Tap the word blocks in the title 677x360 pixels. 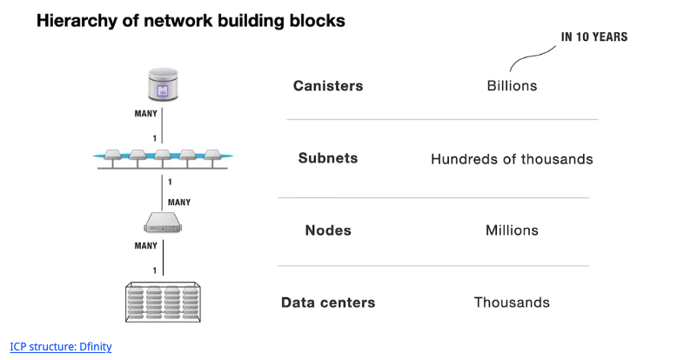[x=318, y=21]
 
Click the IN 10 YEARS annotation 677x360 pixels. [x=594, y=37]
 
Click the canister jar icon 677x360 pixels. [x=163, y=85]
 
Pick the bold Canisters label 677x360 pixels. [x=328, y=86]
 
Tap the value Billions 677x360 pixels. [x=512, y=86]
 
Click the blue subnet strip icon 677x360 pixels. [x=163, y=157]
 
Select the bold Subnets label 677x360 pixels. [x=328, y=159]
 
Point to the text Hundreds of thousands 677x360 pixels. [x=512, y=159]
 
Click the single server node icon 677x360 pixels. [x=163, y=225]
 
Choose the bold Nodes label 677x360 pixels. [x=328, y=230]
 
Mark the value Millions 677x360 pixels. [x=512, y=230]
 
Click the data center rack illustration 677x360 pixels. [x=162, y=302]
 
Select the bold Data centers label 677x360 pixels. [x=328, y=303]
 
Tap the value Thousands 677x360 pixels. [x=512, y=303]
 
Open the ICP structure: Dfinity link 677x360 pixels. [x=61, y=346]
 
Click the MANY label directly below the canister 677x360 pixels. [x=145, y=114]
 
